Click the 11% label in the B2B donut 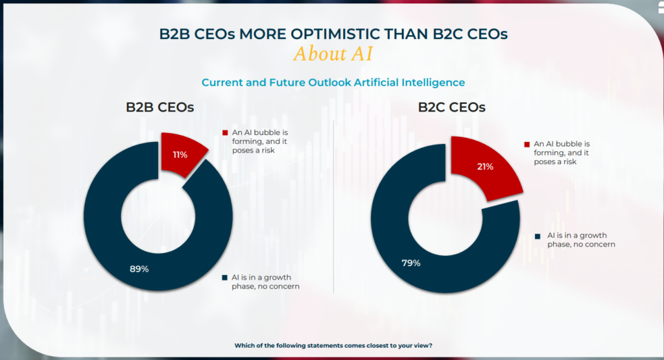coord(180,155)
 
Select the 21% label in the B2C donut coord(485,167)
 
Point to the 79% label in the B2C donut coord(410,263)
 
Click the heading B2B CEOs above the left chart coord(160,108)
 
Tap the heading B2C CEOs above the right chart coord(451,108)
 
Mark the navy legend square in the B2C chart coord(538,235)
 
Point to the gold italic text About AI coord(333,54)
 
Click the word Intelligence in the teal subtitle coord(435,82)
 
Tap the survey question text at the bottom coord(333,346)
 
